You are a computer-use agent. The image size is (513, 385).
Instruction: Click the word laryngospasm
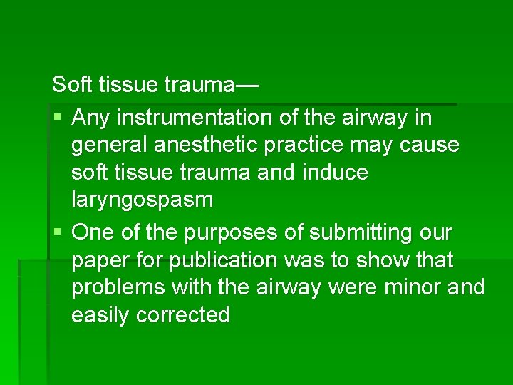(142, 201)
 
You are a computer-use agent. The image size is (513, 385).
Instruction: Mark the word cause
(430, 145)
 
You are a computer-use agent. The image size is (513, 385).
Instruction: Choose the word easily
(100, 315)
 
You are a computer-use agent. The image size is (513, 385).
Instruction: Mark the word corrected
(183, 315)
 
